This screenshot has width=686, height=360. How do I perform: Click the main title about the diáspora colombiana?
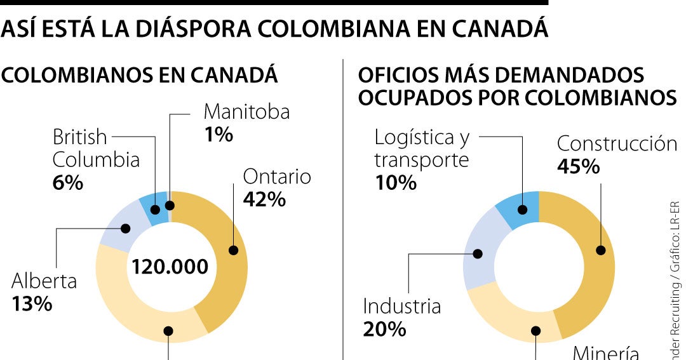point(274,29)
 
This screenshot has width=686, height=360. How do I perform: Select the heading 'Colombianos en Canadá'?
point(140,75)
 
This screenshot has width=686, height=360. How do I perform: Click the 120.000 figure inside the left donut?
point(170,267)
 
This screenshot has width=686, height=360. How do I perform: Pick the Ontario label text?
point(277,176)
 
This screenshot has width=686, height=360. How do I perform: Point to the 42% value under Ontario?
point(264,199)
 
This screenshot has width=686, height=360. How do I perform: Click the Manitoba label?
point(246,112)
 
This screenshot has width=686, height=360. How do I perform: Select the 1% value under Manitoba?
point(218,135)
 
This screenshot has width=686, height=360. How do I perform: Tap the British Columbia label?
point(95,148)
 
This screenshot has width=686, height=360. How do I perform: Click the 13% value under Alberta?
point(32,303)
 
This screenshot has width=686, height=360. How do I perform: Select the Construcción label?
point(617,143)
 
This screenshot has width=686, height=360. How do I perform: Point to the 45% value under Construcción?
point(578,166)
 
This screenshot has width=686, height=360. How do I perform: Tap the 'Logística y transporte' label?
point(422,148)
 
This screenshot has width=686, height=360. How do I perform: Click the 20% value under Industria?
point(384,329)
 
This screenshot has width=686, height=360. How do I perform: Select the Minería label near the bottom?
point(605,352)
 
